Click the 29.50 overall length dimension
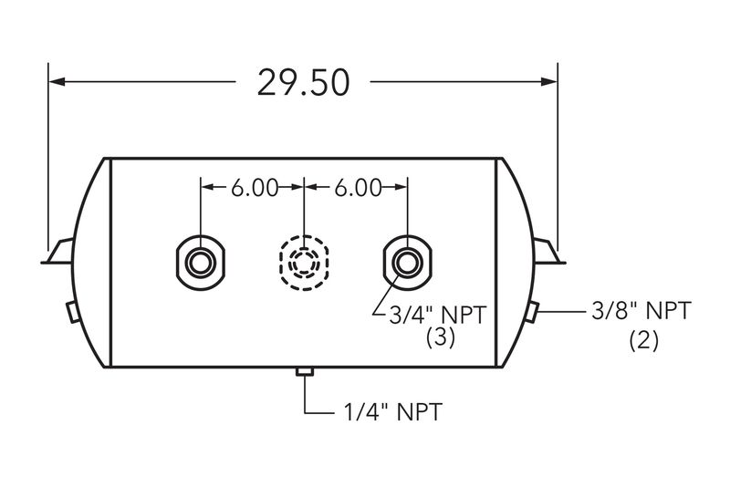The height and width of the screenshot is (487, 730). click(303, 83)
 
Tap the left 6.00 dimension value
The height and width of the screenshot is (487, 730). click(255, 188)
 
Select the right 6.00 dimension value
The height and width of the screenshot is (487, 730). click(358, 188)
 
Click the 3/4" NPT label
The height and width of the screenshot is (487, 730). click(438, 316)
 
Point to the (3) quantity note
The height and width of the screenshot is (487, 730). click(441, 337)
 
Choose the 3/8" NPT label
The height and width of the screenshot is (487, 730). click(641, 311)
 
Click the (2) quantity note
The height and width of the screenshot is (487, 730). click(644, 341)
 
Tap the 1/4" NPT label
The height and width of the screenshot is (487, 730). click(393, 412)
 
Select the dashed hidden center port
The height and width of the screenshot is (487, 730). click(304, 264)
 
